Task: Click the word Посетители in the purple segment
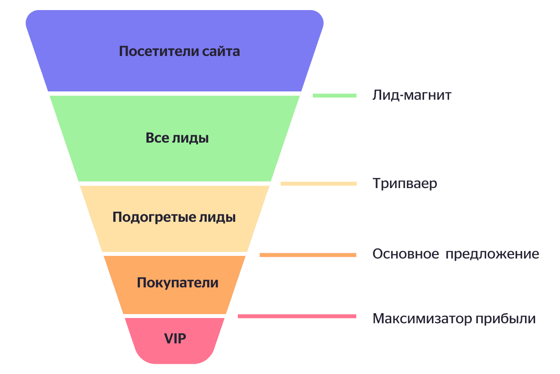point(159,51)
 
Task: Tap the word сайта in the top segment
point(221,51)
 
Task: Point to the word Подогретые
point(154,217)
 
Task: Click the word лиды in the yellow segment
point(218,218)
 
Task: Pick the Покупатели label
point(178,283)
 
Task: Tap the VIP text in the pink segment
point(175,339)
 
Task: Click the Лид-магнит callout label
point(412,95)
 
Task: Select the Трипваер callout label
point(405,184)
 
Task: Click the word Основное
point(406,254)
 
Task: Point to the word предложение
point(492,255)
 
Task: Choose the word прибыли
point(505,319)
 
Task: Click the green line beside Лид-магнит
point(334,95)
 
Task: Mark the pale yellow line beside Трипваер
point(319,184)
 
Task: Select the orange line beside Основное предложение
point(308,255)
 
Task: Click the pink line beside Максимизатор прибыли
point(297,316)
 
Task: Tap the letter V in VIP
point(169,339)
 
